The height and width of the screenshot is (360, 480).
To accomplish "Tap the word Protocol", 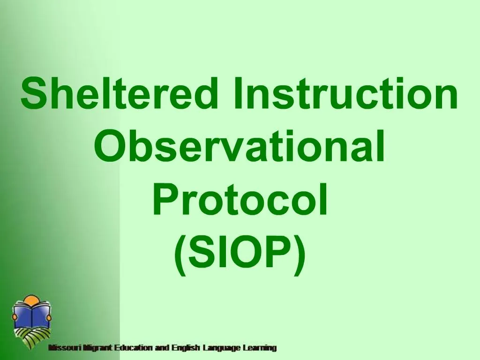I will (240, 201).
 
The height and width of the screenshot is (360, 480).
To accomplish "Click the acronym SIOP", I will (240, 253).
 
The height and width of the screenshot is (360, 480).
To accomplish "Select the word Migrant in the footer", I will (97, 348).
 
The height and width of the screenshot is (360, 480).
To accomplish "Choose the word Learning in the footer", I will (259, 348).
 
